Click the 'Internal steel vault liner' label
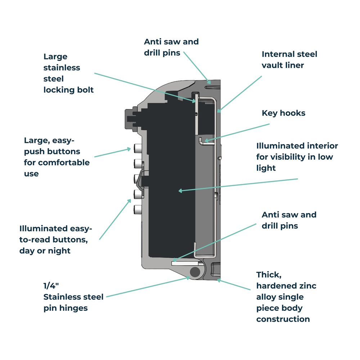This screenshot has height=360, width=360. pyautogui.click(x=289, y=60)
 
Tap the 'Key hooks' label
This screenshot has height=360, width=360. pyautogui.click(x=283, y=113)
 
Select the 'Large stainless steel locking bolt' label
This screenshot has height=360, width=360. pyautogui.click(x=68, y=73)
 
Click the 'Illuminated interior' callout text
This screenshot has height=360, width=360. pyautogui.click(x=297, y=157)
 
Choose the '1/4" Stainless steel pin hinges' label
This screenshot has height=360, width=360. pyautogui.click(x=73, y=297)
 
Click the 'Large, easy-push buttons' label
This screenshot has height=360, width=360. pyautogui.click(x=57, y=157)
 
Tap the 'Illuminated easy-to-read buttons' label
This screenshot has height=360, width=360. pyautogui.click(x=56, y=239)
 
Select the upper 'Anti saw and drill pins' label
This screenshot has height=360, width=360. pyautogui.click(x=171, y=47)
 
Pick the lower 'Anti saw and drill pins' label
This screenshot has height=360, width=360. pyautogui.click(x=289, y=220)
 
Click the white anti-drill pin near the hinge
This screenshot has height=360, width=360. pyautogui.click(x=184, y=263)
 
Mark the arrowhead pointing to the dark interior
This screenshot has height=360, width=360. pyautogui.click(x=180, y=190)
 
